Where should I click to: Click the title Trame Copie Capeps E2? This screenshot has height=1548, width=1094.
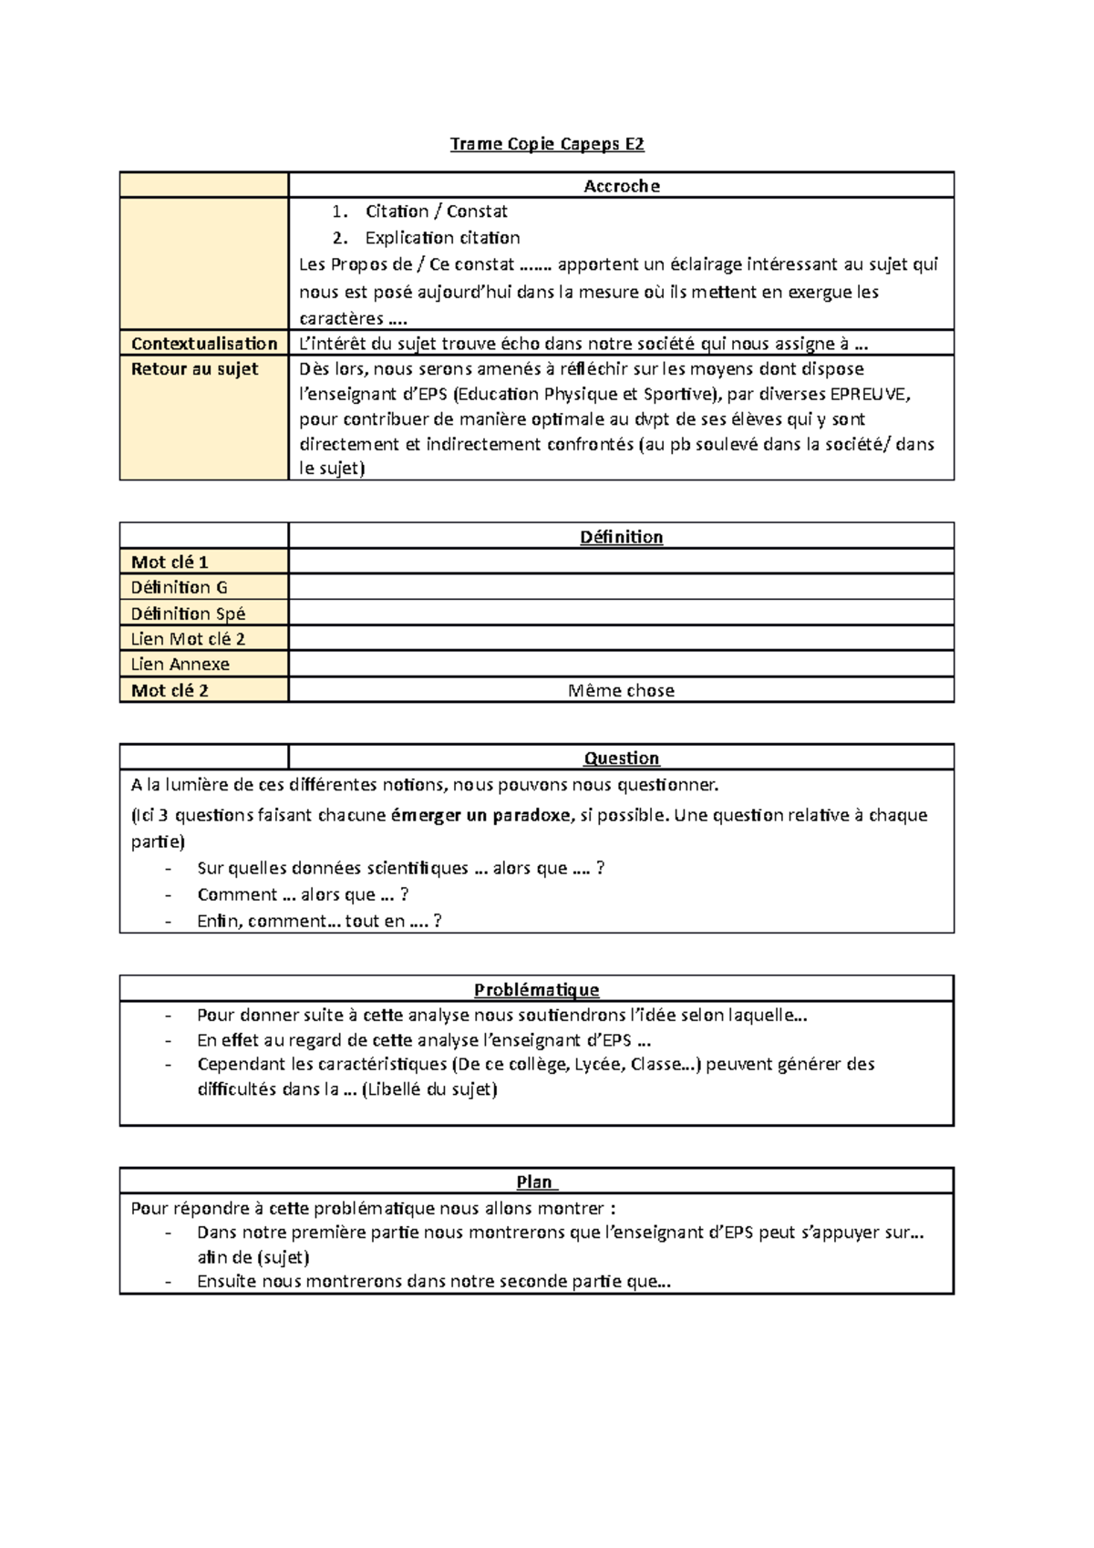pos(547,144)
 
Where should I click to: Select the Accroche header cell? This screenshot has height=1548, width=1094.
pos(621,186)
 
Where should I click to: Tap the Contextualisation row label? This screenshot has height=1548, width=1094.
pos(204,344)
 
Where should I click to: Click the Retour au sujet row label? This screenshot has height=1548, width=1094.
pos(194,369)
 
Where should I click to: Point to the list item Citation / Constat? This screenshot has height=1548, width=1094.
pos(436,212)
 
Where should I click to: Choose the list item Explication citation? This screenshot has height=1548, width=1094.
pos(442,238)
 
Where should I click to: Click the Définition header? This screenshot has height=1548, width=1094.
pos(621,537)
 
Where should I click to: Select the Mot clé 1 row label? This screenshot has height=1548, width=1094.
pos(170,562)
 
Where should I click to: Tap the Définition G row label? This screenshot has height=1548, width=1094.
pos(179,588)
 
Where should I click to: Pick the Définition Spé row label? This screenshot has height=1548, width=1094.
pos(188,614)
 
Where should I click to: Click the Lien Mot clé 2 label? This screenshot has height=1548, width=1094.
pos(188,639)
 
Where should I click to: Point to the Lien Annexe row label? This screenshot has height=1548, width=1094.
pos(180,665)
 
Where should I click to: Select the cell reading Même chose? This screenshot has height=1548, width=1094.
pos(621,691)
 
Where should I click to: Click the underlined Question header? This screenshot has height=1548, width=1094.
pos(621,759)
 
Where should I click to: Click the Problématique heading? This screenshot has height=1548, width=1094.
pos(536,990)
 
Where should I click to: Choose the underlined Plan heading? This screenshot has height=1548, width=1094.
pos(536,1182)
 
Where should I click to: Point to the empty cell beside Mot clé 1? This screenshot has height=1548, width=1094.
pos(621,562)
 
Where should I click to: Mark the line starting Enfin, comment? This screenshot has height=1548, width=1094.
pos(319,921)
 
